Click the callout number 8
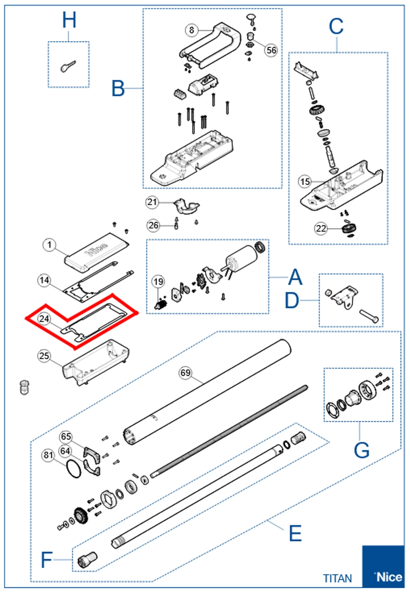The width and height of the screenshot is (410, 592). pos(192,30)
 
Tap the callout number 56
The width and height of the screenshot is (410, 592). pos(271,50)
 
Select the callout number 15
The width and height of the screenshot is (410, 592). pos(305,182)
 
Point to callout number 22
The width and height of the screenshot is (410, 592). pos(321,228)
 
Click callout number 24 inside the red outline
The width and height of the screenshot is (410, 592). pos(44,318)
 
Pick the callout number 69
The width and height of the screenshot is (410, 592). pos(186,373)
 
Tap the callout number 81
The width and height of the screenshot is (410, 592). pos(48,455)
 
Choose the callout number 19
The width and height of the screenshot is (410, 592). pos(158,281)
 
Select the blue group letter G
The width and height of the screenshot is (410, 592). pos(361,450)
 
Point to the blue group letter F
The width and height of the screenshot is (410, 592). pos(46,559)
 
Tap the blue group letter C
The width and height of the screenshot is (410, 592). pos(336,27)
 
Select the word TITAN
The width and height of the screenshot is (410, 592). pos(337,578)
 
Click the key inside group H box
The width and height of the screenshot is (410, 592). pos(68,67)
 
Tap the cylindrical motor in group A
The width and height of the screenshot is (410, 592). pos(241,258)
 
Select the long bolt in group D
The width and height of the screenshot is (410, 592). pos(368,316)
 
